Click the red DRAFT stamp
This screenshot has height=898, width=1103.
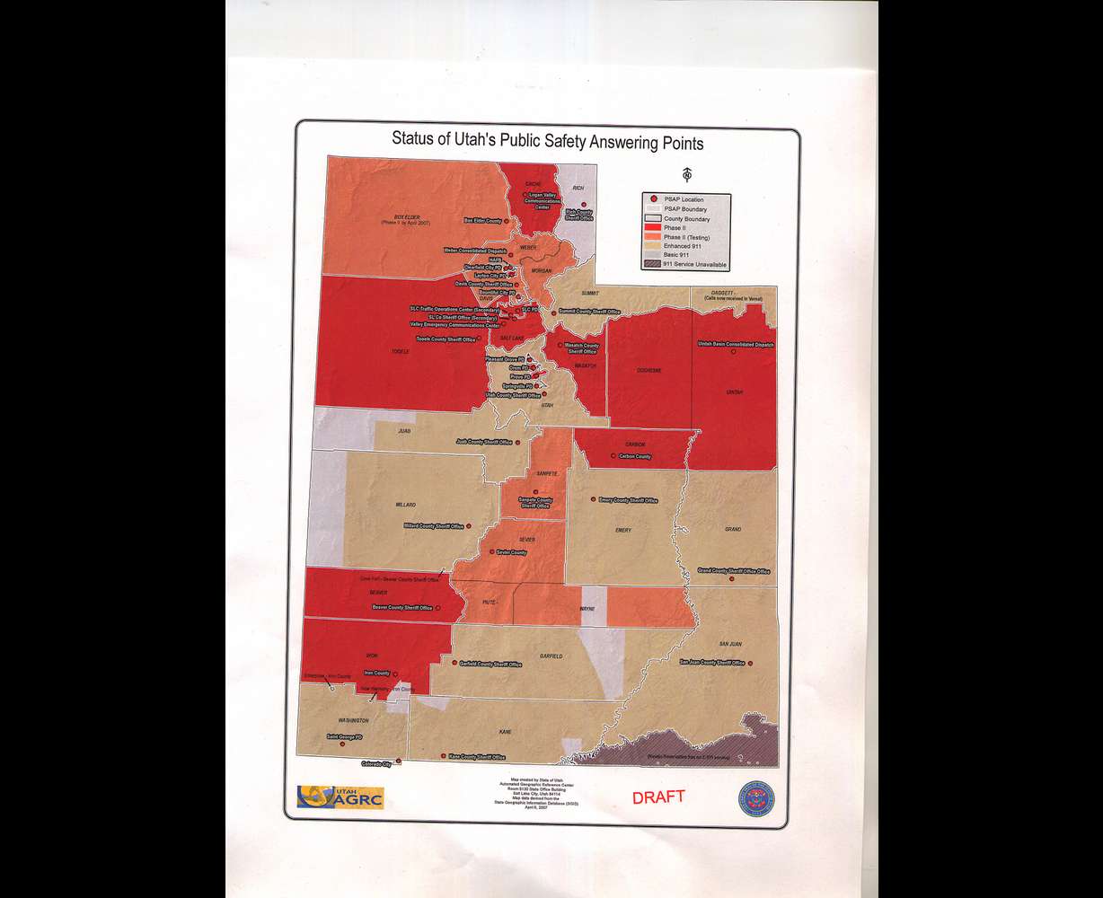point(657,797)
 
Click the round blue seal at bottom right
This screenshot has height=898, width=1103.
point(758,797)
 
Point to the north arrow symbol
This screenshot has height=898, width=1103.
point(687,172)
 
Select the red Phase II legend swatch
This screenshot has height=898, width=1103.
point(652,228)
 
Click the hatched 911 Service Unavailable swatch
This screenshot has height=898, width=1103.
point(652,265)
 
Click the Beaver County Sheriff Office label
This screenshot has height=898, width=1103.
point(401,608)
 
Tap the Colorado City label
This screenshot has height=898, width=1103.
point(376,764)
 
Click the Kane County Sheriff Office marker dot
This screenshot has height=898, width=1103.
point(444,757)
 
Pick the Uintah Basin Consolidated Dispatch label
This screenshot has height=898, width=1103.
point(736,344)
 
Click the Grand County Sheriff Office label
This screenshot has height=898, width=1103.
point(734,571)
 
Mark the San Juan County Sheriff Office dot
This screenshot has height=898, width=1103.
point(750,664)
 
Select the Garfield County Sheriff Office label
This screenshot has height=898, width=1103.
point(490,665)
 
